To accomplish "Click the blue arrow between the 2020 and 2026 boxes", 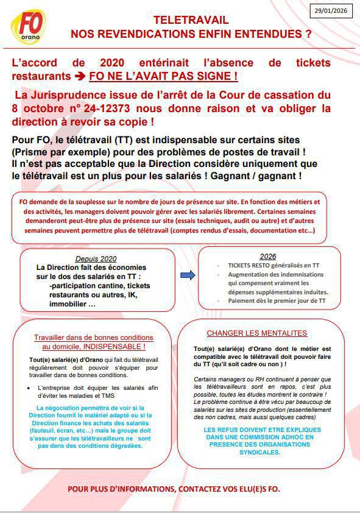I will [x=188, y=275].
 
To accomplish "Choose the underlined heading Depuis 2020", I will [x=96, y=258].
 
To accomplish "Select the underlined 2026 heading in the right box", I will [x=268, y=256].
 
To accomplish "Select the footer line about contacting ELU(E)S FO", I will [x=174, y=489].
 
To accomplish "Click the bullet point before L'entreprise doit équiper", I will [x=40, y=387].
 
